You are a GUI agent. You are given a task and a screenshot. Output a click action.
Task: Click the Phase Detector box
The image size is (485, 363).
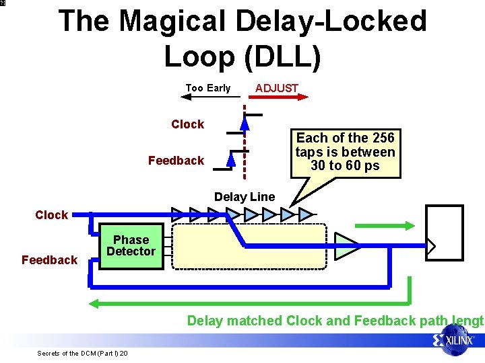point(131,246)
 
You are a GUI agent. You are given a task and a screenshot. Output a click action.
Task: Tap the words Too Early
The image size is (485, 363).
point(207,88)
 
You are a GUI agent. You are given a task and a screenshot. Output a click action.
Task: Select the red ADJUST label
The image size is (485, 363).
point(276,88)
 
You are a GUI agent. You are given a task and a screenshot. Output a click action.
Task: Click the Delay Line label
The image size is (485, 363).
point(245,197)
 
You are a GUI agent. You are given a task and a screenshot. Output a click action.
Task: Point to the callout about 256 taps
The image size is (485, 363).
point(345,153)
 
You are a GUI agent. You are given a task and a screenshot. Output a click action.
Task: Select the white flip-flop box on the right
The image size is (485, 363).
point(445,232)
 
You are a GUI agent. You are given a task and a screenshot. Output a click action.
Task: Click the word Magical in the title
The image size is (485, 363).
point(180,22)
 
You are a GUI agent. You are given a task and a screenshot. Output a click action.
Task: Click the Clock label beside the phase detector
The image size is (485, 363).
point(52,215)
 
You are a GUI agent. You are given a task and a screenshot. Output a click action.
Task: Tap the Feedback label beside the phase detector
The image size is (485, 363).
point(49,260)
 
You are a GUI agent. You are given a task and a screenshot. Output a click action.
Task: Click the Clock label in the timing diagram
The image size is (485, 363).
point(188,124)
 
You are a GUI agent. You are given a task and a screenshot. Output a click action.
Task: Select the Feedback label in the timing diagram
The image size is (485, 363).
point(176,161)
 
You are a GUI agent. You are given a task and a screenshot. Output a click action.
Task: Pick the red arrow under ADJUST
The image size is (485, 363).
point(276,97)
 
